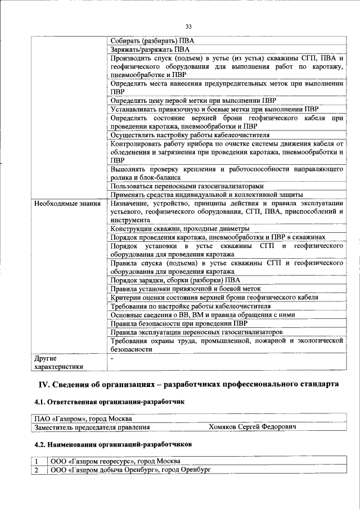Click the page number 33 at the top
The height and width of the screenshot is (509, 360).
pos(188,25)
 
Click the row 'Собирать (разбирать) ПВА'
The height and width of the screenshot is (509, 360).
pos(152,41)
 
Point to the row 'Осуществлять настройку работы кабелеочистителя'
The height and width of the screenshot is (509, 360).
pos(190,135)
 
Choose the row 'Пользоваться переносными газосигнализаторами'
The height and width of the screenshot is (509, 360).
pos(187,186)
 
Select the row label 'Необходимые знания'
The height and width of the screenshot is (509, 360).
pos(66,203)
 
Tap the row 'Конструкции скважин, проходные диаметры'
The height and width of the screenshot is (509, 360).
pos(179,229)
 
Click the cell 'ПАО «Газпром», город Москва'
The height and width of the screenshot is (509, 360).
pos(83,419)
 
